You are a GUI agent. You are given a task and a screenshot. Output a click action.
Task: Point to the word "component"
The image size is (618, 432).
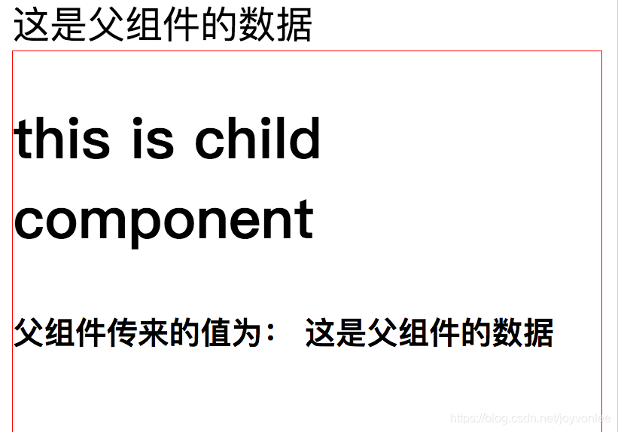(x=163, y=221)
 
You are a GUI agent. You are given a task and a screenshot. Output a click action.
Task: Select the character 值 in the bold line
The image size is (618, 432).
(x=185, y=333)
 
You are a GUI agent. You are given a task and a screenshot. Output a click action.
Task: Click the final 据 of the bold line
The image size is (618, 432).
(x=539, y=333)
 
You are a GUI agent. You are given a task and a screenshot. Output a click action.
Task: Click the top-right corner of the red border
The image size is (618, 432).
(x=601, y=52)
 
